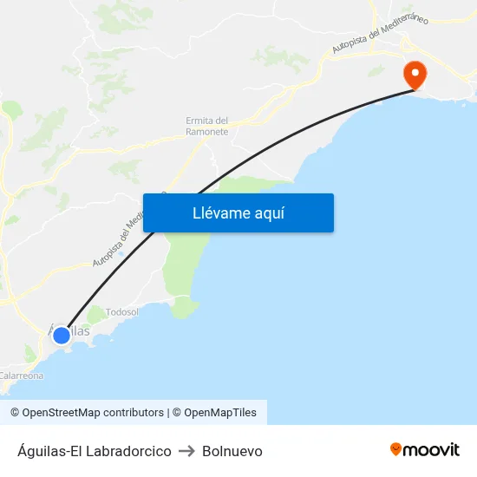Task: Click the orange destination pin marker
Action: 415,75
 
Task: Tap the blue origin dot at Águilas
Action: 62,335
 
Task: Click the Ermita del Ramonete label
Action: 207,126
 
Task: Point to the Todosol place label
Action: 121,312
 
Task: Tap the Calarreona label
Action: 21,376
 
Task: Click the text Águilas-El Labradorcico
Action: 94,451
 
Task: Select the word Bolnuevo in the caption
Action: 232,451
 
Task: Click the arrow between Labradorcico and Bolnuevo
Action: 186,451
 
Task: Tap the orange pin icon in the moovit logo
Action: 395,449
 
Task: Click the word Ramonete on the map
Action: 207,132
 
